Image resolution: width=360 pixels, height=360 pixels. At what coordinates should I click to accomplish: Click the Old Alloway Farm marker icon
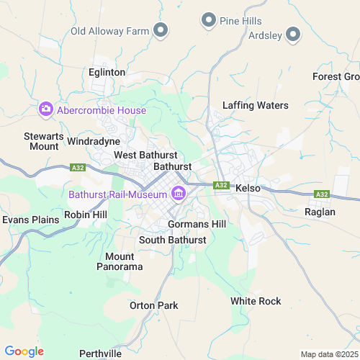click(x=161, y=30)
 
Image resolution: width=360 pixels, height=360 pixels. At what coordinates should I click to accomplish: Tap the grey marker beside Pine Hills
click(x=209, y=19)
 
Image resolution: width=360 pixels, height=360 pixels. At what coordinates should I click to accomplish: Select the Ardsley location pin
click(x=293, y=34)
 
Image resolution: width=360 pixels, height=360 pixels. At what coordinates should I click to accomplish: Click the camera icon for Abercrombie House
click(x=46, y=109)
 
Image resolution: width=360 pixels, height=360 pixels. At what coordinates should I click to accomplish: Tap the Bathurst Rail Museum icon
click(x=177, y=194)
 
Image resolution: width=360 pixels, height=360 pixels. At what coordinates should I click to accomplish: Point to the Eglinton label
click(x=107, y=72)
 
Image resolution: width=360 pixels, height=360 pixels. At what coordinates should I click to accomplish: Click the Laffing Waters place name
click(x=255, y=105)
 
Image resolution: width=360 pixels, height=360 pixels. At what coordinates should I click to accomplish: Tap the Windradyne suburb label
click(x=93, y=141)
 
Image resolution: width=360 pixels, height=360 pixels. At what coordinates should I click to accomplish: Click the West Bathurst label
click(x=145, y=156)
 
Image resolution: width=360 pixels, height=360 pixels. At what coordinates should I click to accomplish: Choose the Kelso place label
click(x=247, y=187)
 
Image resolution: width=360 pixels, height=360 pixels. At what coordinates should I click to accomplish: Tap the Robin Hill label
click(x=85, y=215)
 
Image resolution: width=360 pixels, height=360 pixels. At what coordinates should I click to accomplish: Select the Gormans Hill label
click(x=197, y=224)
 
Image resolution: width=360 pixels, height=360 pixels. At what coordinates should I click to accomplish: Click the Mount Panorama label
click(x=120, y=261)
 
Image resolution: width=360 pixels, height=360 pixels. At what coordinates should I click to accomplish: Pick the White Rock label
click(x=256, y=300)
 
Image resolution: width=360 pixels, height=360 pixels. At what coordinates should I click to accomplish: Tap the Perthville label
click(x=100, y=353)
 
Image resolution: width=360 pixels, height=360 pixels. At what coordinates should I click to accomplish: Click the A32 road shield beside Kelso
click(x=222, y=185)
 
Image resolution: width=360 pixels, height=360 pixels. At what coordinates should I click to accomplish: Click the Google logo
click(x=24, y=351)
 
